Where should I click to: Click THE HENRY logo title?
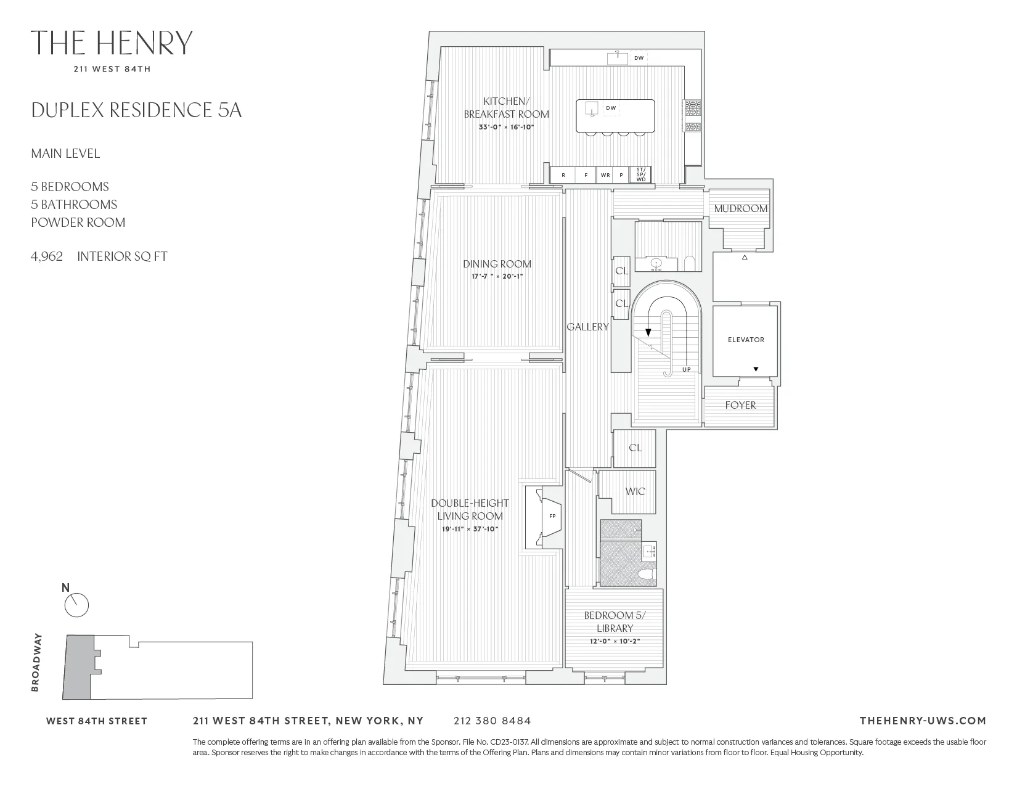click(112, 43)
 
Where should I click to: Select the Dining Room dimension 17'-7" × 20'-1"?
click(497, 276)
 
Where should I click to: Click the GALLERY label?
click(587, 327)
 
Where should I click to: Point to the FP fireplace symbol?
click(552, 516)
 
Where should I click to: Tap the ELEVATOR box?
click(745, 340)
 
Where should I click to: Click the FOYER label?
click(740, 406)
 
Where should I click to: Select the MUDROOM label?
click(740, 208)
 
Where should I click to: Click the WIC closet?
click(635, 491)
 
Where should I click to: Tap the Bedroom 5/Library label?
click(615, 621)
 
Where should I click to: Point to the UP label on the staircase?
click(686, 370)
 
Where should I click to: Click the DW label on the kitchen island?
click(611, 108)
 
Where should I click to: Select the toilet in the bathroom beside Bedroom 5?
click(646, 575)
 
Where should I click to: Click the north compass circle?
click(77, 605)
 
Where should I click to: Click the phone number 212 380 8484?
click(492, 721)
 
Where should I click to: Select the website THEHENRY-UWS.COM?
click(922, 721)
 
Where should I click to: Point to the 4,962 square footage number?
click(47, 256)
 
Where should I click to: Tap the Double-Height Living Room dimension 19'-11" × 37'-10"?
click(470, 529)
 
